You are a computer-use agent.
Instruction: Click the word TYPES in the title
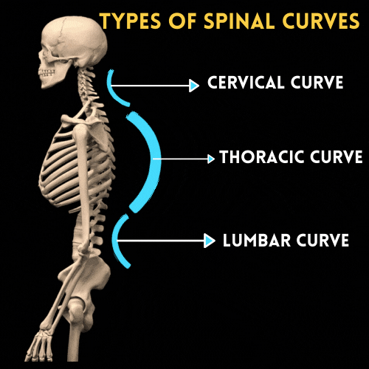pos(131,20)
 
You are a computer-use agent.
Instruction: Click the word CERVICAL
pos(244,82)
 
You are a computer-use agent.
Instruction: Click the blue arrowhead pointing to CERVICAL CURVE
pos(194,86)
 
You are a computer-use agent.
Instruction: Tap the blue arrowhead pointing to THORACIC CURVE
pos(211,159)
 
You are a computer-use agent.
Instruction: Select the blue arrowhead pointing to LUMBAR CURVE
pos(210,241)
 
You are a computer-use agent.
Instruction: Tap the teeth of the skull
pos(46,72)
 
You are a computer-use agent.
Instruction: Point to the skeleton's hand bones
pos(39,345)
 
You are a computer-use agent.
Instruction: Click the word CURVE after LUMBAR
pos(323,240)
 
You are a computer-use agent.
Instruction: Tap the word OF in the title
pos(182,20)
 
